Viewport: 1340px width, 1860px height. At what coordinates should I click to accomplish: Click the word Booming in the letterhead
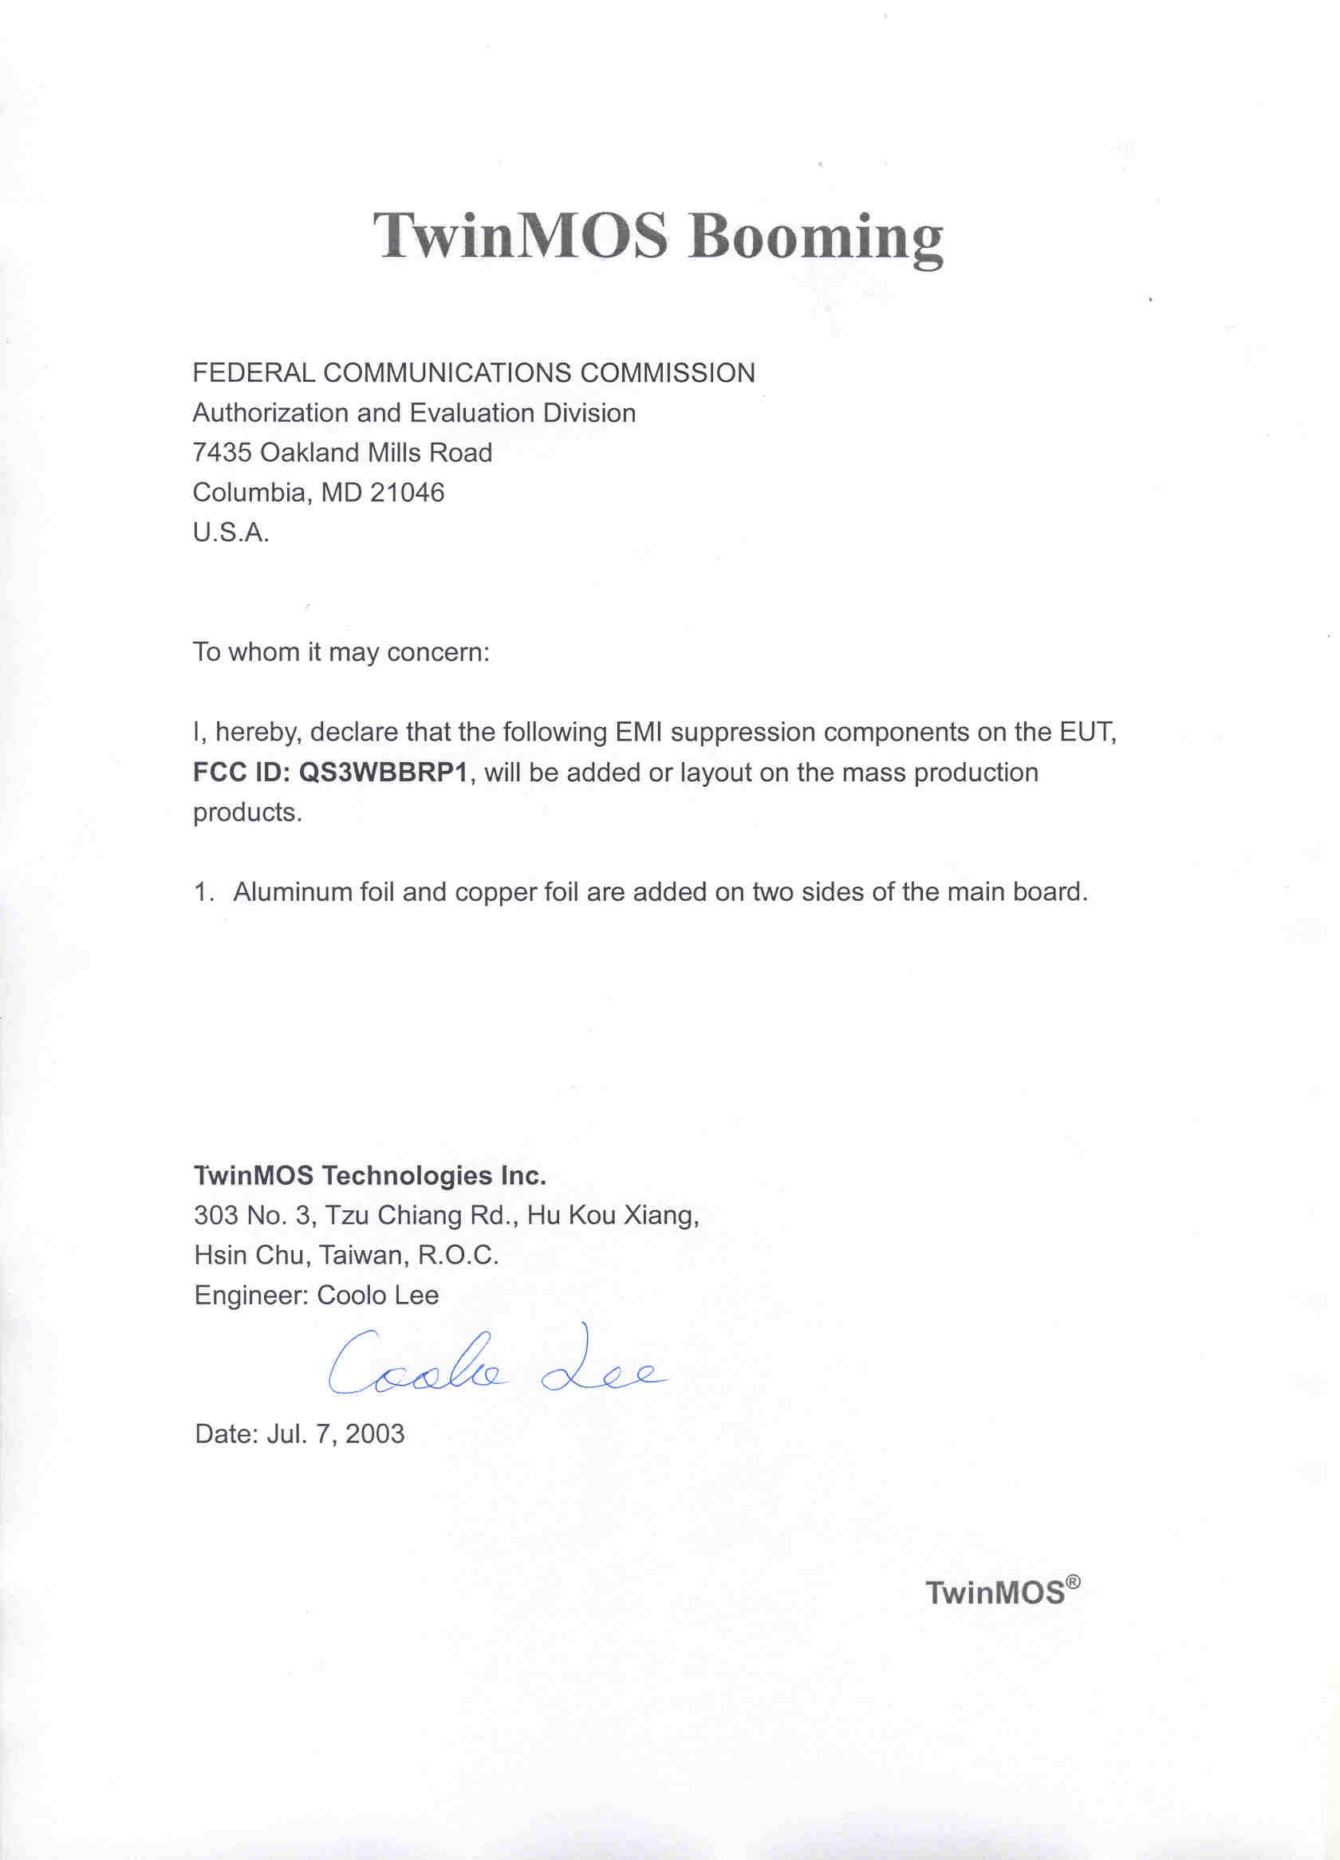coord(815,236)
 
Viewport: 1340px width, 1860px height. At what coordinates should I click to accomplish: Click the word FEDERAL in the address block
coord(254,373)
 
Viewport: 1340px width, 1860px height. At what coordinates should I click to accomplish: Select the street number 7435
coord(222,453)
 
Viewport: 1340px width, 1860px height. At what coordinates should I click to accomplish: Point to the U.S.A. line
coord(231,533)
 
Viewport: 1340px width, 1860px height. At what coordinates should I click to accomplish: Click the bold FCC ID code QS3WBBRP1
coord(383,773)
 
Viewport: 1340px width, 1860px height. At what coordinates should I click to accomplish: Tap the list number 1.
coord(202,892)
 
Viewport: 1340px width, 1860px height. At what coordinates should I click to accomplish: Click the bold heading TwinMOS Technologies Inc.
coord(369,1175)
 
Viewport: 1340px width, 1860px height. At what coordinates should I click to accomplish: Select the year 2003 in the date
coord(375,1434)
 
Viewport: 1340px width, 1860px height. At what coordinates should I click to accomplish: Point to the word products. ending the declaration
coord(247,812)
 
